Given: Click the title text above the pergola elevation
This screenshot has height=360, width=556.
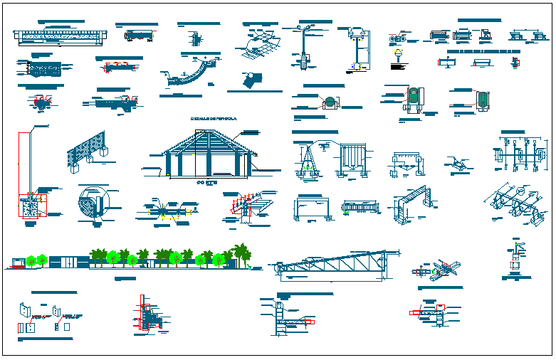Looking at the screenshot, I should [x=213, y=118].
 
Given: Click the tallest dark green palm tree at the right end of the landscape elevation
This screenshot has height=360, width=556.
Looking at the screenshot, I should [x=242, y=252].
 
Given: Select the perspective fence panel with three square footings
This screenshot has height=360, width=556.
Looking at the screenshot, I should [x=87, y=152].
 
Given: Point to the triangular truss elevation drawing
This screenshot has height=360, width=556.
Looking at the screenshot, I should [x=335, y=266].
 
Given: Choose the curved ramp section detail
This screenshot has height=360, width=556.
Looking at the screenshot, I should [x=191, y=75].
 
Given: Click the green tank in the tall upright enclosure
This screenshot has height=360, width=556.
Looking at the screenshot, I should [x=413, y=95].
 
